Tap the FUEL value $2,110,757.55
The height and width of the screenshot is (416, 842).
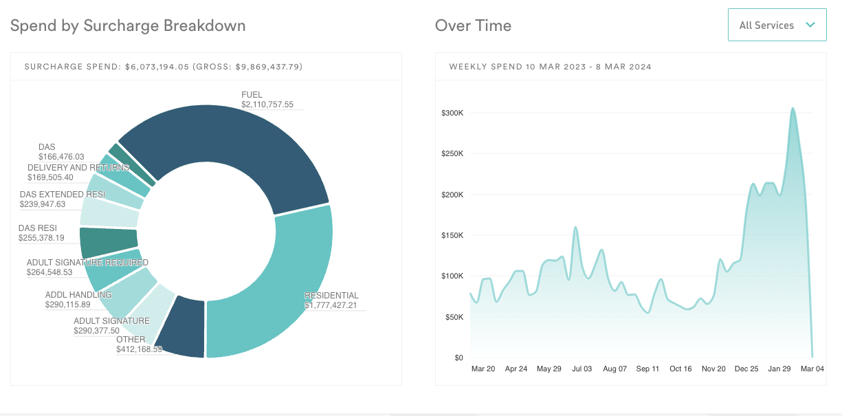click(267, 105)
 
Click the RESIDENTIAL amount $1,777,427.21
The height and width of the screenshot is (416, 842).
click(331, 305)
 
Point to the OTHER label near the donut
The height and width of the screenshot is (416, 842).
click(131, 340)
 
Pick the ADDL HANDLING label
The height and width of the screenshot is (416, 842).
click(78, 295)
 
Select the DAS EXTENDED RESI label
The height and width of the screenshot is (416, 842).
click(63, 195)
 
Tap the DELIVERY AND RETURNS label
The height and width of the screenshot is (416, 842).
click(78, 168)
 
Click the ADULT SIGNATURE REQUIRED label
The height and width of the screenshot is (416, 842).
click(87, 263)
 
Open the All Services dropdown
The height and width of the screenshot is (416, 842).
click(777, 25)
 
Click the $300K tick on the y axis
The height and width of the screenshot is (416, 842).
click(452, 113)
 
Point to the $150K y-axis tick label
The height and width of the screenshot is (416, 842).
click(452, 235)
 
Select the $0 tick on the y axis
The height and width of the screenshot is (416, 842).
click(458, 358)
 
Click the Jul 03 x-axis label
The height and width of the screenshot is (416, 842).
click(581, 369)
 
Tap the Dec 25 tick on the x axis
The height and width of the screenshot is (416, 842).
click(746, 369)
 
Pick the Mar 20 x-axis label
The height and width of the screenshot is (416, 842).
click(483, 369)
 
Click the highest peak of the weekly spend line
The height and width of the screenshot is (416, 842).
click(793, 108)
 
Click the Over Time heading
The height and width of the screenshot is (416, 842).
click(473, 25)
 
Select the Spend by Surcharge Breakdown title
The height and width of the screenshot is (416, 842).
click(128, 25)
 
